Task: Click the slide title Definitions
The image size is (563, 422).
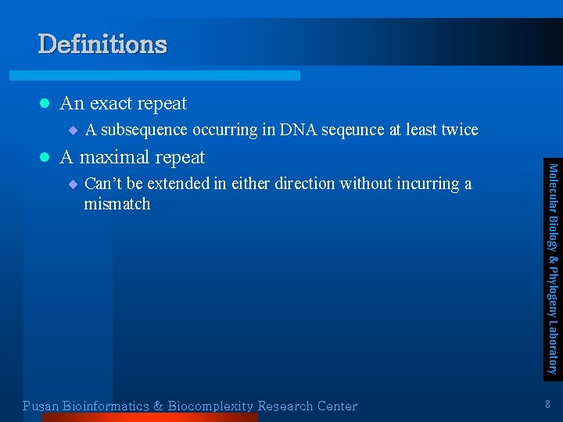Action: coord(102,44)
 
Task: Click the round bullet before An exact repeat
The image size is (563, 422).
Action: coord(45,103)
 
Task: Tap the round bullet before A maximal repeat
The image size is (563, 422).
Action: coord(45,157)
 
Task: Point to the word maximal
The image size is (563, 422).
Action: coord(115,157)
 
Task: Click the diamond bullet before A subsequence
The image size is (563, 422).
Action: coord(73,130)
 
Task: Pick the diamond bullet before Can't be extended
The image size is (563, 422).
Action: coord(73,184)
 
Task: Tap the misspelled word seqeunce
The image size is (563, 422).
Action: coord(355,130)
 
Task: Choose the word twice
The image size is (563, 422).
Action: coord(459,130)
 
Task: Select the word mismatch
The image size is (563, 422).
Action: coord(117,205)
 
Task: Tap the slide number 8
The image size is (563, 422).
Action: coord(547,405)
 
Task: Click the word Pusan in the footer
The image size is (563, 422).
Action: coord(41,406)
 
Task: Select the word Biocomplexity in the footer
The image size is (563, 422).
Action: coord(211,406)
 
